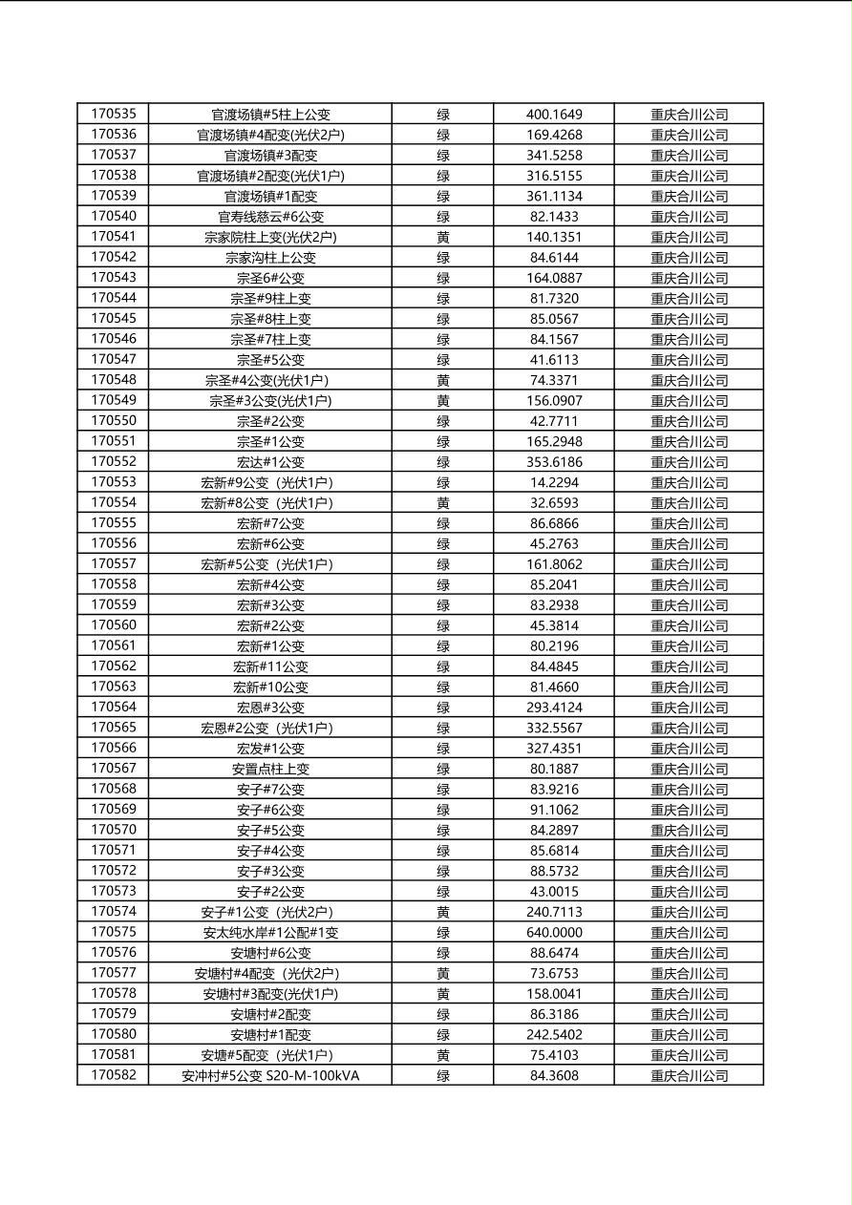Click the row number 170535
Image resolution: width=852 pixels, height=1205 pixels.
point(114,114)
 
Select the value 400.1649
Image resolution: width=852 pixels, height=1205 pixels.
point(554,115)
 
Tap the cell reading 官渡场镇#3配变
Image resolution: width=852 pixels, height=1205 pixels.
point(270,155)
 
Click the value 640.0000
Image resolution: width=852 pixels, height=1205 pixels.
point(554,932)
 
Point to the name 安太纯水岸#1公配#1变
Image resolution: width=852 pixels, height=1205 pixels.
point(270,933)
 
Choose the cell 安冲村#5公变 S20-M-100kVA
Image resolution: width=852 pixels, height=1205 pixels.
point(270,1076)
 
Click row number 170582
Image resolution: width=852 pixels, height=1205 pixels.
point(114,1075)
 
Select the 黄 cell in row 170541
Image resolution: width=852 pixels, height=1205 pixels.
point(443,237)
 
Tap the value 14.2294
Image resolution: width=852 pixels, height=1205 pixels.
point(554,482)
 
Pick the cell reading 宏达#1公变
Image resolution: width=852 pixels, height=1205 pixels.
point(270,462)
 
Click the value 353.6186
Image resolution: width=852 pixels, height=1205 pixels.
point(554,462)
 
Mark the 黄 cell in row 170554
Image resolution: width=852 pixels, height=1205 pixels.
point(443,503)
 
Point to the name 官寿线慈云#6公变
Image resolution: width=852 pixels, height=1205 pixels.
point(270,217)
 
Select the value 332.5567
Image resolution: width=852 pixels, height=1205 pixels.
point(554,728)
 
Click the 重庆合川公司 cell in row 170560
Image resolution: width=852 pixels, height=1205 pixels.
point(689,625)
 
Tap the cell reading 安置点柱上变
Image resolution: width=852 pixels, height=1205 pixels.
point(270,769)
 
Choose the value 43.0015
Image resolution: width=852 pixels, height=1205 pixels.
point(554,891)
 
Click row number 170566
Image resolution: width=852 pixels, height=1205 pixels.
point(114,748)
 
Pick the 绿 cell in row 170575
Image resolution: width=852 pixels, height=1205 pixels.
point(443,933)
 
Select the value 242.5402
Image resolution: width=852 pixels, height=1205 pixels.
point(554,1034)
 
